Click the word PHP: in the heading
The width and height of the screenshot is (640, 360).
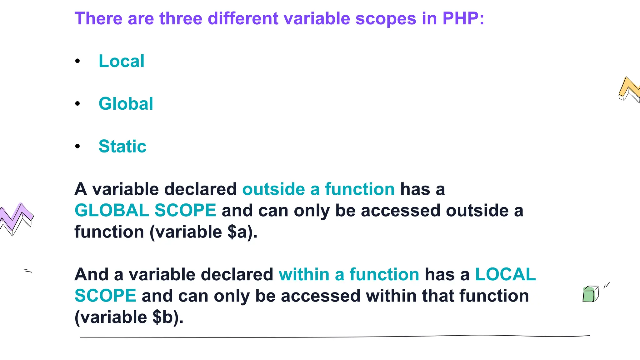tap(463, 18)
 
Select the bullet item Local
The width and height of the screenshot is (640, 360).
tap(121, 61)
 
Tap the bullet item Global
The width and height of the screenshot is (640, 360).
tap(126, 104)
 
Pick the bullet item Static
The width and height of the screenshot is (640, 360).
tap(122, 146)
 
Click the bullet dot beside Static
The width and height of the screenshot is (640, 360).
tap(77, 146)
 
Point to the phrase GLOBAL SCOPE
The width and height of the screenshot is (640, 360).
tap(145, 210)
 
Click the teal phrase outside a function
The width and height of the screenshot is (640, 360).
tap(318, 189)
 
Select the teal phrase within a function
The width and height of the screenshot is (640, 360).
tap(349, 275)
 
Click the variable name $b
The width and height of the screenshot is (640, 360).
tap(162, 317)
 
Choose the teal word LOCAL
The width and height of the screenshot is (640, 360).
tap(505, 275)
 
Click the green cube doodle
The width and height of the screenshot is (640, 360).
tap(590, 294)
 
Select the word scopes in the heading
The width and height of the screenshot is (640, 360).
tap(386, 18)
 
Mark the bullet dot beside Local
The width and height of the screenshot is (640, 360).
tap(77, 61)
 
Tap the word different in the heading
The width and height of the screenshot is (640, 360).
tap(243, 18)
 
